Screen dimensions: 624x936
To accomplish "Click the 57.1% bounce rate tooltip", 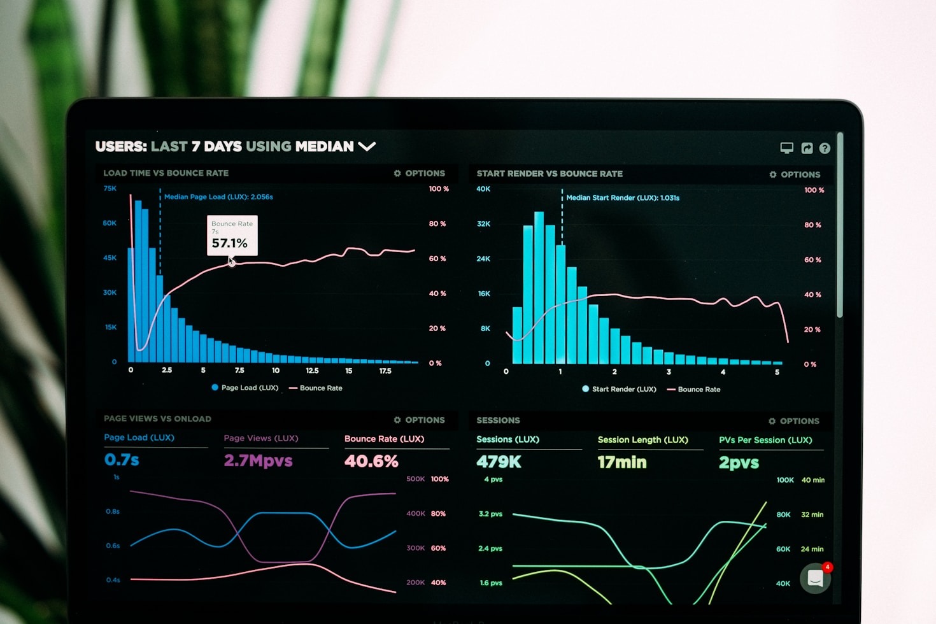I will click(x=232, y=236).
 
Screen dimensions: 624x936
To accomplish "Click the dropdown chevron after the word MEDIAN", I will click(x=367, y=146).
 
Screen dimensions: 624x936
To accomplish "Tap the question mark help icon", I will click(x=825, y=148).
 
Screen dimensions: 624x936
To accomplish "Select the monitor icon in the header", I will click(x=787, y=148).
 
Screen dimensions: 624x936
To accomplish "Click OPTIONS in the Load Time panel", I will click(x=420, y=173).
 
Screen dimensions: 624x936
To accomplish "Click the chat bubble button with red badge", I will click(x=816, y=578).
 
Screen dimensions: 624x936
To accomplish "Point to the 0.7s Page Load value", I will click(x=122, y=460).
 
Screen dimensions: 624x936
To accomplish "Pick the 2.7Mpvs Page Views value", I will click(x=258, y=460).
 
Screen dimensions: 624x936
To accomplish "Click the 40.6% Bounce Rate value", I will click(x=371, y=461).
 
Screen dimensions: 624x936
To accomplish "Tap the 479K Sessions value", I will click(x=499, y=462).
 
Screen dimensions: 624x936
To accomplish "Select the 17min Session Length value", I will click(x=621, y=462).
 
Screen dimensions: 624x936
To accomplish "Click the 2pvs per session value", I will click(x=739, y=463).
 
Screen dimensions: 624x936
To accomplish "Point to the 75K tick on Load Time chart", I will click(x=110, y=188).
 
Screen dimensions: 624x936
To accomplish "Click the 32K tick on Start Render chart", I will click(x=483, y=224).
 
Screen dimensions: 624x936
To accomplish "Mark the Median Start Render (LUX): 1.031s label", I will click(x=623, y=198).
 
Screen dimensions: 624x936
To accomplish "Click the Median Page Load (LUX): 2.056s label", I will click(x=218, y=197).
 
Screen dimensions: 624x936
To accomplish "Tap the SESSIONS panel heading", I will click(x=498, y=420).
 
